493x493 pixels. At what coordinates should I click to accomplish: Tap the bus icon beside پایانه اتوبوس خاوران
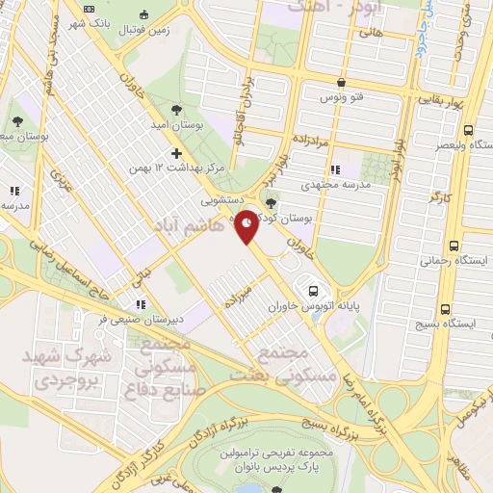pyautogui.click(x=312, y=290)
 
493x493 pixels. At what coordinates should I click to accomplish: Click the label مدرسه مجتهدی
pyautogui.click(x=337, y=184)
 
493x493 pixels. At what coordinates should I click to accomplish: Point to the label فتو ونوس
pyautogui.click(x=343, y=98)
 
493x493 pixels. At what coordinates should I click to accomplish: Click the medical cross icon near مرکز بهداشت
pyautogui.click(x=176, y=153)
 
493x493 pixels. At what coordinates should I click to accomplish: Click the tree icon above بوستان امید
pyautogui.click(x=175, y=108)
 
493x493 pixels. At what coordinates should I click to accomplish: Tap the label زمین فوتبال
pyautogui.click(x=145, y=29)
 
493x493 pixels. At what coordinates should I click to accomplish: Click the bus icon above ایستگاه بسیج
pyautogui.click(x=445, y=309)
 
